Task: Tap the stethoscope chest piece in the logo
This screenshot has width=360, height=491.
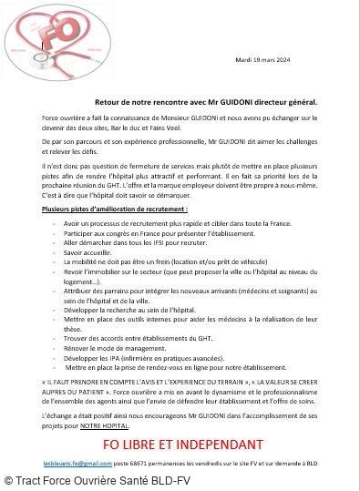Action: (x=20, y=64)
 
